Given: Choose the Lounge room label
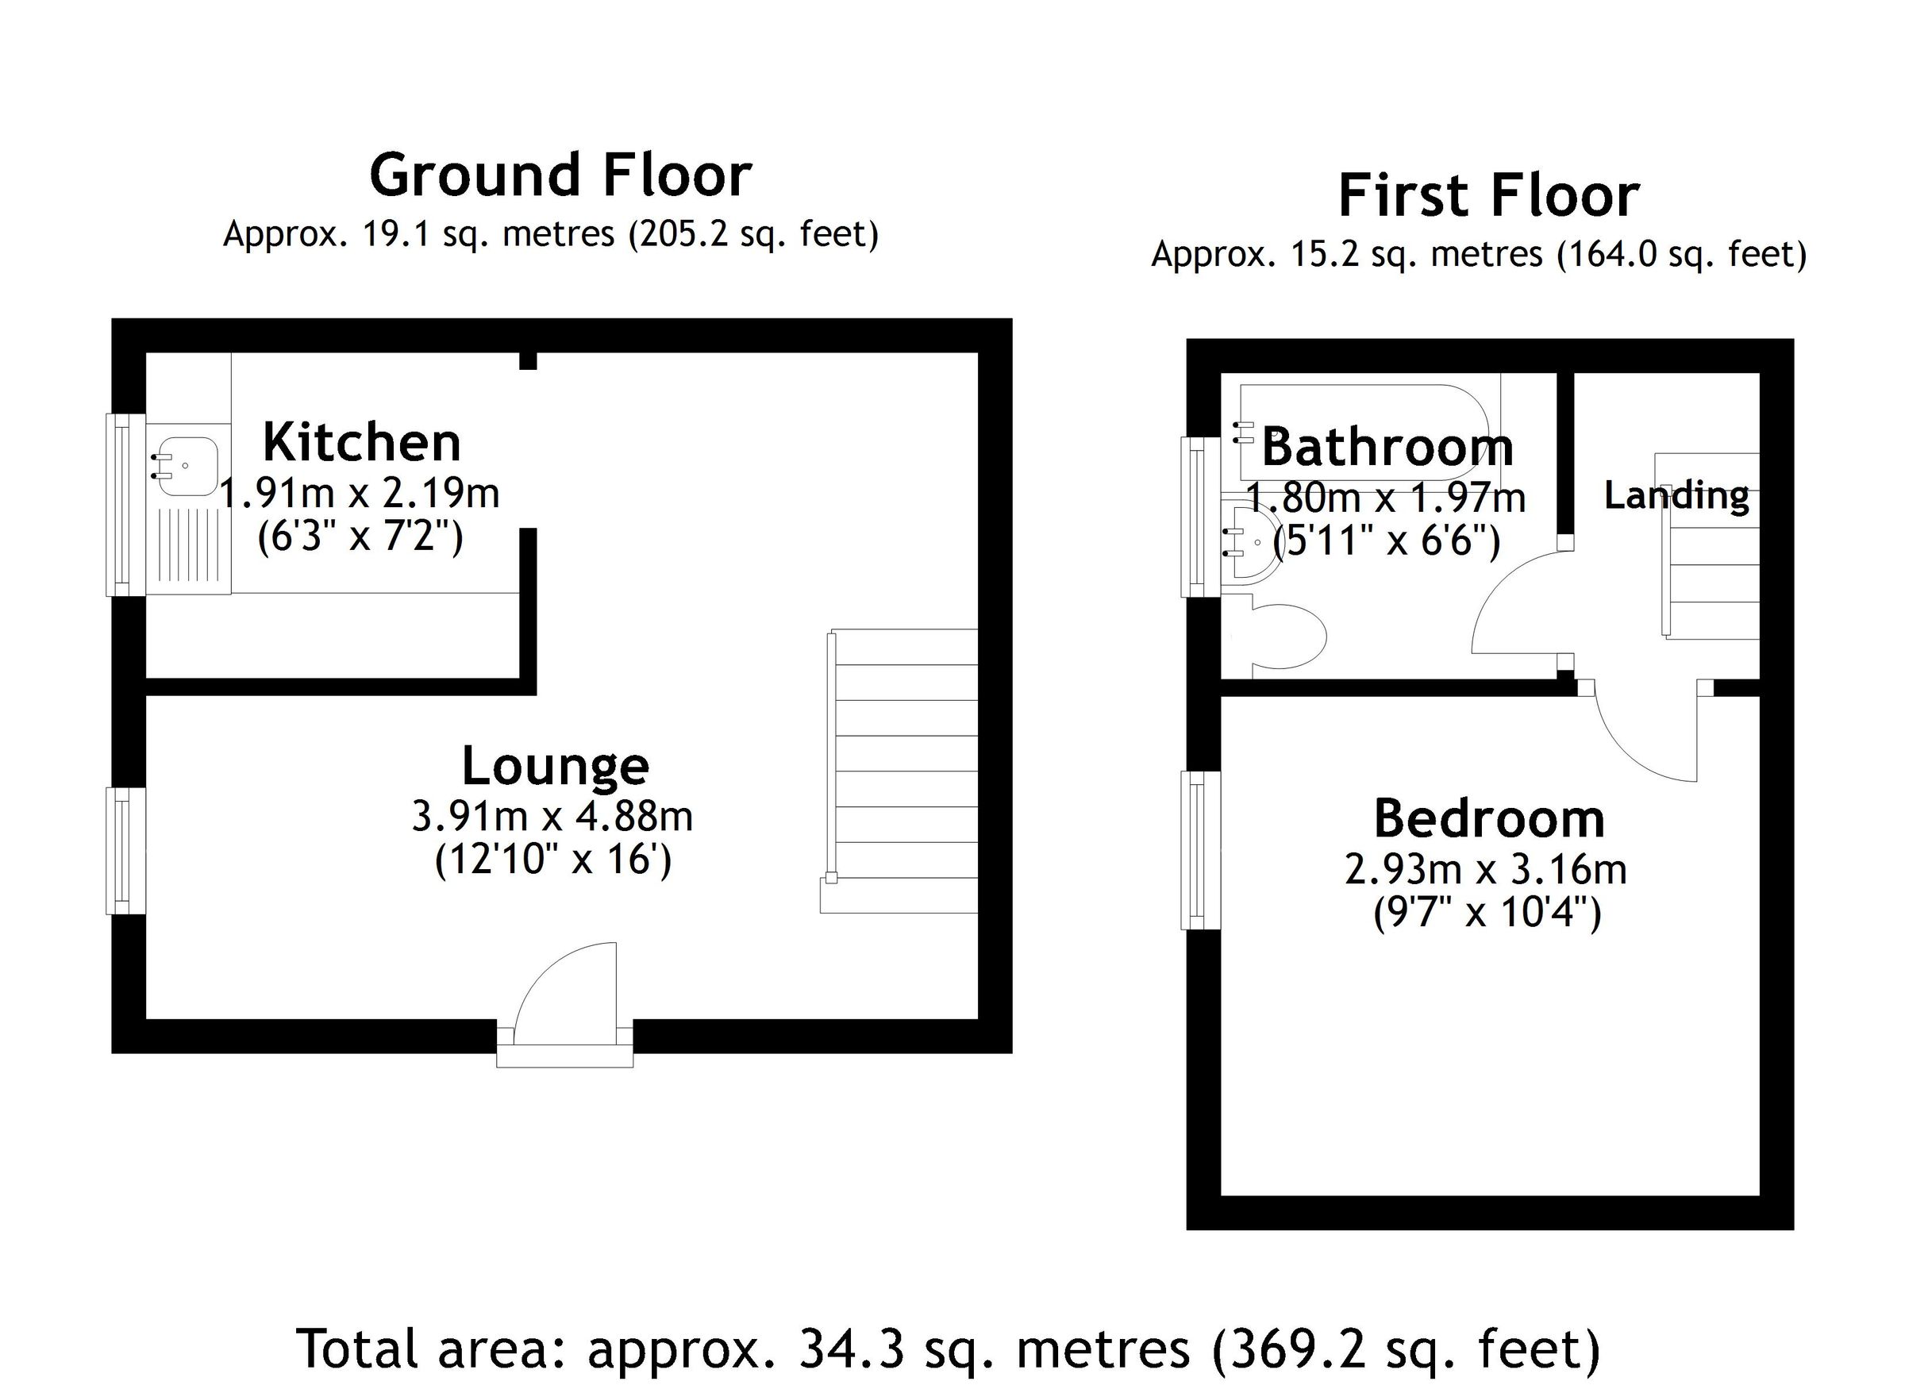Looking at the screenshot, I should tap(555, 765).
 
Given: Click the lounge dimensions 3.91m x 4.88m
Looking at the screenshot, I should tap(552, 816).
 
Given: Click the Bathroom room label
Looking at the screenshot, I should tap(1387, 447).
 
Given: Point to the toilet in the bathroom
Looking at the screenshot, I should tap(1287, 636).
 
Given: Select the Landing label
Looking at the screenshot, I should tap(1676, 495).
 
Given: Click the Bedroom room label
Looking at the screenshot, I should tap(1488, 819).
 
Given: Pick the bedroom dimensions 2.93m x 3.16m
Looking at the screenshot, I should tap(1485, 869).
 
